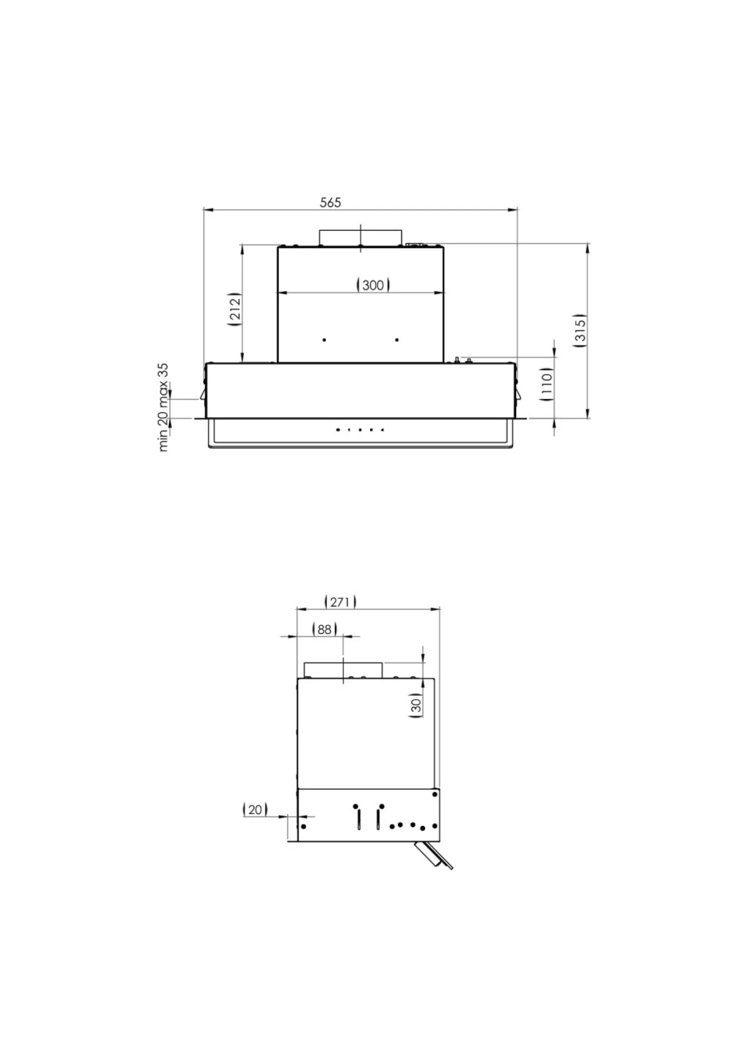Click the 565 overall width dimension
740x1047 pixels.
[330, 202]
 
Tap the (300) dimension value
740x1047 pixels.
[373, 285]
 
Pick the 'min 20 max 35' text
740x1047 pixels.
[164, 407]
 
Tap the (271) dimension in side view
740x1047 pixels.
[341, 602]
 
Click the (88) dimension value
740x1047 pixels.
[325, 629]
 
